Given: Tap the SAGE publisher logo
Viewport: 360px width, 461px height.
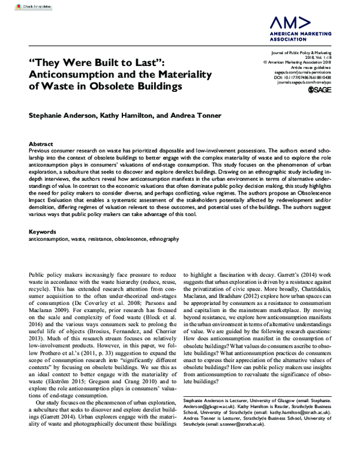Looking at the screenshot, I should point(319,90).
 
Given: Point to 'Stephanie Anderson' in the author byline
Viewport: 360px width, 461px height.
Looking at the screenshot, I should point(64,115).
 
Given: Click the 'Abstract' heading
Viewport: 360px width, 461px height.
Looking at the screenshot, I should point(40,145).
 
